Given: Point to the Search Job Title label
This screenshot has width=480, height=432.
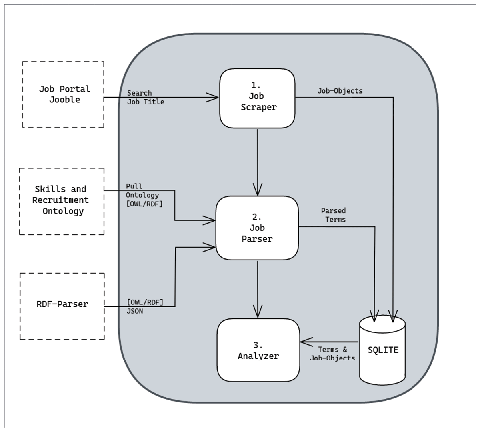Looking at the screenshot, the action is pyautogui.click(x=146, y=98).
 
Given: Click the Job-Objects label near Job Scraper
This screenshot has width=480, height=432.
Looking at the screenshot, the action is pyautogui.click(x=340, y=91).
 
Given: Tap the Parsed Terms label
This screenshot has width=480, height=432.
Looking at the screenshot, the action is pyautogui.click(x=333, y=215).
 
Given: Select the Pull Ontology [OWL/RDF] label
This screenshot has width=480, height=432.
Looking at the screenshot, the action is pyautogui.click(x=144, y=195).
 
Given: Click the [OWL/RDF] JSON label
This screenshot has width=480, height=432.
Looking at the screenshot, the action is pyautogui.click(x=145, y=306).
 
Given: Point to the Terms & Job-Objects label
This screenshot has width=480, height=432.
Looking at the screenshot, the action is pyautogui.click(x=332, y=354).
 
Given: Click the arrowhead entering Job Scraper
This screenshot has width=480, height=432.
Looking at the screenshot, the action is pyautogui.click(x=213, y=98).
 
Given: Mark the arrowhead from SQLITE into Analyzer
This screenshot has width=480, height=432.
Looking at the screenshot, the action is pyautogui.click(x=306, y=342).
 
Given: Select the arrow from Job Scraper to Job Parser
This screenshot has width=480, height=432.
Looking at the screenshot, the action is pyautogui.click(x=258, y=162).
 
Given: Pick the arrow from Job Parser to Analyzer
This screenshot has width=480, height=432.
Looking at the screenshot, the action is pyautogui.click(x=258, y=289).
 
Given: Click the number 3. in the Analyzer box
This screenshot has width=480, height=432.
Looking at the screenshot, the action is pyautogui.click(x=258, y=345).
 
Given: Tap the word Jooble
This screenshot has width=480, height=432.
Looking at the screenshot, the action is pyautogui.click(x=65, y=100).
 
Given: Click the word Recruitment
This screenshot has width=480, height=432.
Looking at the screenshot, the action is pyautogui.click(x=60, y=200).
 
